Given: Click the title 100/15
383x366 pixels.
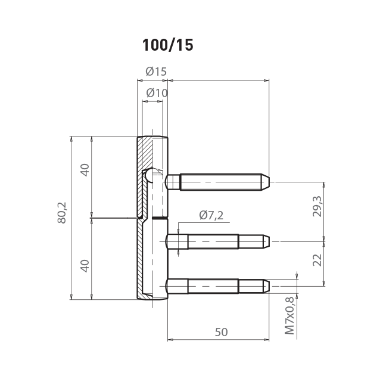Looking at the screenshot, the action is (x=167, y=45).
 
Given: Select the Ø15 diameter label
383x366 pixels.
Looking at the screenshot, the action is (x=156, y=72).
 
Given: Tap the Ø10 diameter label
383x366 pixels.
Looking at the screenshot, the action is (x=157, y=93).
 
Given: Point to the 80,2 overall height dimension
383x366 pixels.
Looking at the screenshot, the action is (x=62, y=212).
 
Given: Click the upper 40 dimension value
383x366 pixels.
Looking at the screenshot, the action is (x=85, y=170).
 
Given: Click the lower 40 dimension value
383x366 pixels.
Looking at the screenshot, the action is (x=85, y=266).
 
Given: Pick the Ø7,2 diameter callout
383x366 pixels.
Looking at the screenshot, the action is (x=211, y=215).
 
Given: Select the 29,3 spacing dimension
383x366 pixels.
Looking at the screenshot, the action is (x=317, y=206).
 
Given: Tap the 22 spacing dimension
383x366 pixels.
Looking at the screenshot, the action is (x=317, y=260).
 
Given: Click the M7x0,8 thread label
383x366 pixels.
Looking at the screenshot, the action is (x=290, y=315).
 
